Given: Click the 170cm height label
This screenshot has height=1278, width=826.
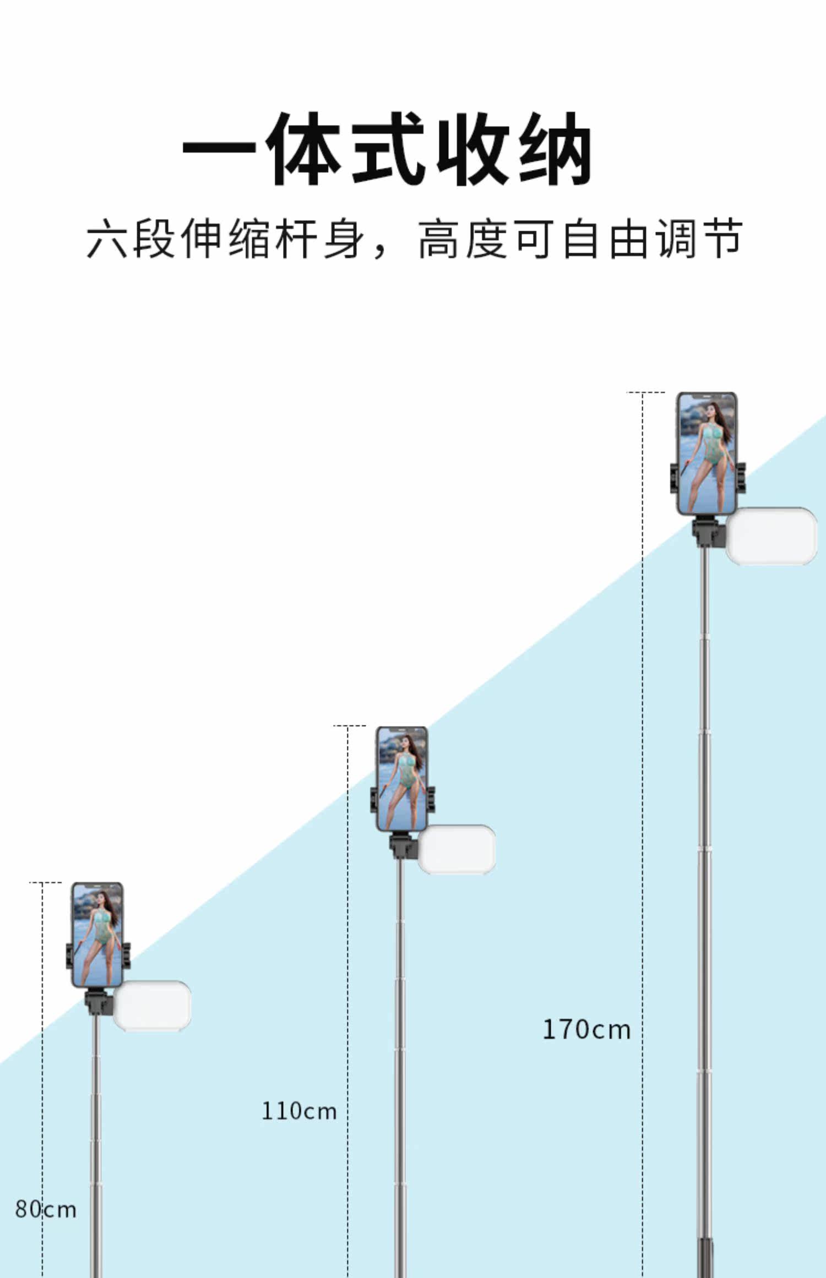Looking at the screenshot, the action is click(x=586, y=1030).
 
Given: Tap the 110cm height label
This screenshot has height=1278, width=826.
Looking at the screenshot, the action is click(x=298, y=1111).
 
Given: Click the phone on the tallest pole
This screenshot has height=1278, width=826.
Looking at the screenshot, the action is click(x=707, y=454).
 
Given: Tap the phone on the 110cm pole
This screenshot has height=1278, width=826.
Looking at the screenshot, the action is click(x=402, y=779).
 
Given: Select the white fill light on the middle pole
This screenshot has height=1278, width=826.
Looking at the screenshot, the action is click(x=457, y=849).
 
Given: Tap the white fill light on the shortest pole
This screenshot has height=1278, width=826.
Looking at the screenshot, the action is click(x=152, y=1005).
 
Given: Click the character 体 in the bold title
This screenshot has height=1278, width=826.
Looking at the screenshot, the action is click(x=306, y=149).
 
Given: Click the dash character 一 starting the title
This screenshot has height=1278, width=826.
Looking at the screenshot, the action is click(x=219, y=149).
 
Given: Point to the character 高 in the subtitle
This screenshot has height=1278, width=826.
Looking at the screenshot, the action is click(x=438, y=239).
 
